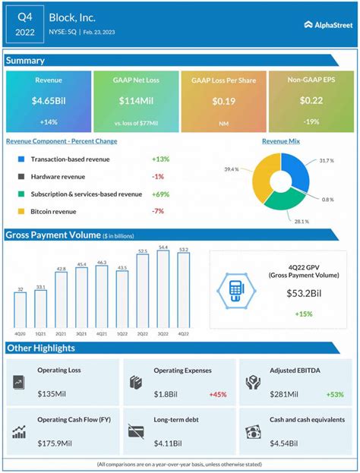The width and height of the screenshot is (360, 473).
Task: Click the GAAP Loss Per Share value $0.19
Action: (x=223, y=101)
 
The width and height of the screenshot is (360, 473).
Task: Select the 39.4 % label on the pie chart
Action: (x=232, y=169)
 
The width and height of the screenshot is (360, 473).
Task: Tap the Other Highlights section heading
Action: (x=42, y=348)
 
